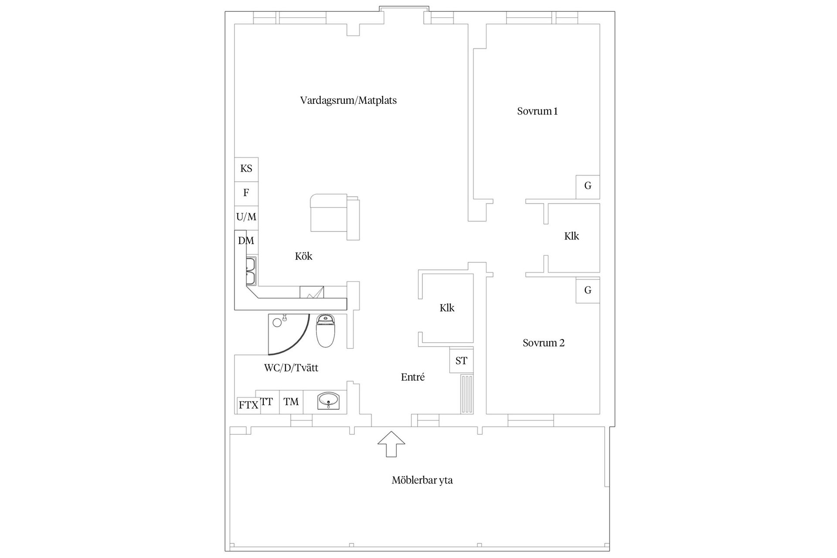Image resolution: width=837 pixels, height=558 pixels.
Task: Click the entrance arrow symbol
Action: click(x=391, y=444)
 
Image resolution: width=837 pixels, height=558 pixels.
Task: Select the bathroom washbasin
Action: click(x=329, y=401)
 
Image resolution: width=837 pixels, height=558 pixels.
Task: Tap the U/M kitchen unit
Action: click(x=246, y=217)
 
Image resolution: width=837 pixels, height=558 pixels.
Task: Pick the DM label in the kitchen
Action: click(x=246, y=241)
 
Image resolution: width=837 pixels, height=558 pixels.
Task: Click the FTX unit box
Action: click(x=248, y=405)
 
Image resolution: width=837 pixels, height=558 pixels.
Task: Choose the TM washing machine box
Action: click(x=291, y=401)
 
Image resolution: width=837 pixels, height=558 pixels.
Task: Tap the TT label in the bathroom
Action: click(x=267, y=401)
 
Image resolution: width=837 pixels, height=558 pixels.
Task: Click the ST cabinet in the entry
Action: click(x=461, y=361)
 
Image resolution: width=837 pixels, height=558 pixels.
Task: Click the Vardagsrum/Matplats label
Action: click(x=348, y=101)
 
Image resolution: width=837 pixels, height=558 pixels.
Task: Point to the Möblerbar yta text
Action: click(x=422, y=480)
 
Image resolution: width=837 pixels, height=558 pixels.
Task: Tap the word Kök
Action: click(x=303, y=256)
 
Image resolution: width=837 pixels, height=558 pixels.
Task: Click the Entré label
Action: click(x=413, y=377)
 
